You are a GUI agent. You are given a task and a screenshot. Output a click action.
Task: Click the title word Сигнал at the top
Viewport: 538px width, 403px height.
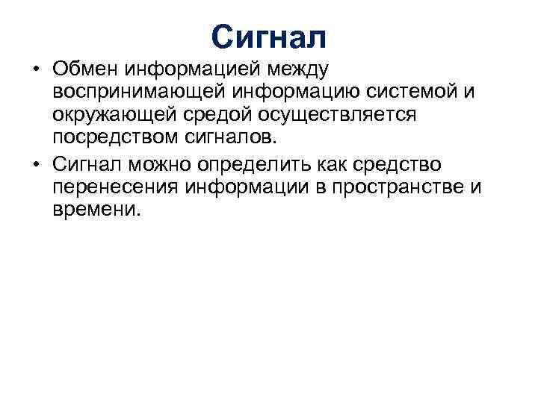click(268, 36)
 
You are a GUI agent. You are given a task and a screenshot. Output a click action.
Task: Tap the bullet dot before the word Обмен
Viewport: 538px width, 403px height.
click(36, 70)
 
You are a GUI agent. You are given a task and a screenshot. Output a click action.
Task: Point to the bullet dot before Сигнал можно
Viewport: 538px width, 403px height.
click(36, 164)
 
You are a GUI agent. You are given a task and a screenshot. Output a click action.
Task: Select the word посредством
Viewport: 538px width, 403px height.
click(110, 139)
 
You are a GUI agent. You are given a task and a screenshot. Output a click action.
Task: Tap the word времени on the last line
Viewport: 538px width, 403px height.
click(96, 210)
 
